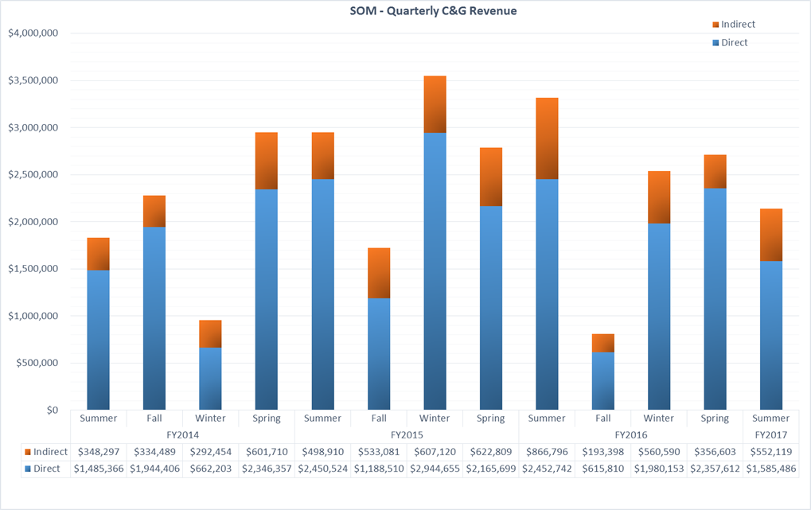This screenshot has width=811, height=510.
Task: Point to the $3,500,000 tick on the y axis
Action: (33, 80)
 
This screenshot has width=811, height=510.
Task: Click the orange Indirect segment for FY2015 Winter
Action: (435, 104)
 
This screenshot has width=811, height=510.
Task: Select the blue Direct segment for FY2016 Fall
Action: (602, 381)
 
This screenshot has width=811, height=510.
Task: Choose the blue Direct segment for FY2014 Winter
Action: (210, 379)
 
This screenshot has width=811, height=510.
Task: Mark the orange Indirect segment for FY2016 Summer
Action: (547, 138)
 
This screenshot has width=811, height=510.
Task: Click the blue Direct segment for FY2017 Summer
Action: (770, 335)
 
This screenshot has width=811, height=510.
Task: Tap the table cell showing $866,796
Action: (547, 452)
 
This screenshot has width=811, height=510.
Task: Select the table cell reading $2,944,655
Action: (435, 469)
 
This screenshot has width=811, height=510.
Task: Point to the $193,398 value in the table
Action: (602, 452)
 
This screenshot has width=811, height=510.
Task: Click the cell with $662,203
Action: (210, 469)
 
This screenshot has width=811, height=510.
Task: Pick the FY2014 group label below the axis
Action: (182, 435)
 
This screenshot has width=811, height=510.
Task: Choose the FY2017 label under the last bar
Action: (770, 435)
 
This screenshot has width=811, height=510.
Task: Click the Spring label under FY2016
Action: (715, 419)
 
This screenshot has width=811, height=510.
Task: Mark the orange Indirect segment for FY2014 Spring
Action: (266, 161)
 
